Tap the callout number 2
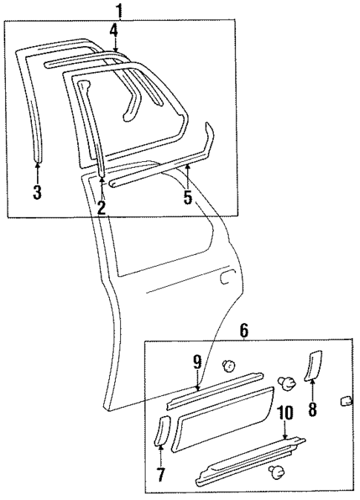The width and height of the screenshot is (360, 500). [101, 209]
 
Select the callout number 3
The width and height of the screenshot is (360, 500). [38, 194]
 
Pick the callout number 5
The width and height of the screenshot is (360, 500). [188, 198]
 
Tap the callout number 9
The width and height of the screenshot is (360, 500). [197, 363]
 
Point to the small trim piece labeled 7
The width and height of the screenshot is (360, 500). [161, 432]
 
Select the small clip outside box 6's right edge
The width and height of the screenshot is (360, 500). [344, 401]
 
